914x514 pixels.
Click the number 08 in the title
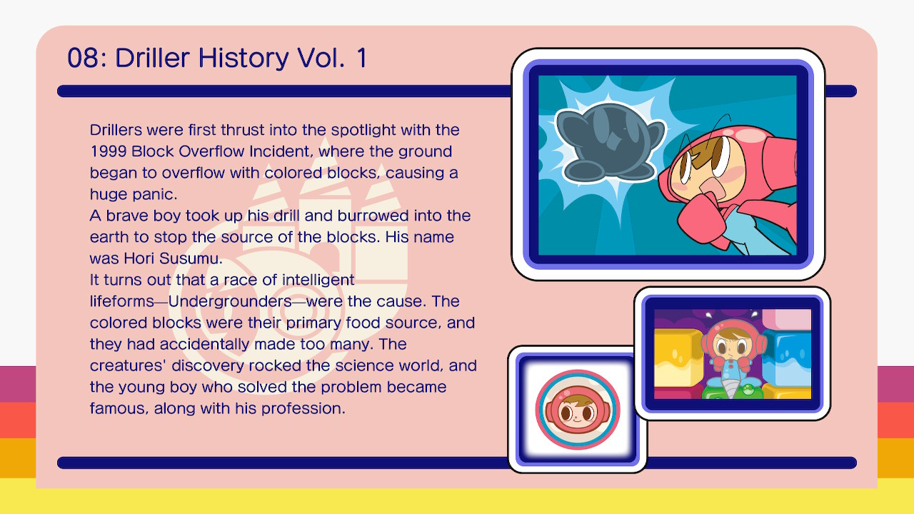coord(84,58)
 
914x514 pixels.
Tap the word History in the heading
coord(243,59)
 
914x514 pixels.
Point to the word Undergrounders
coord(230,301)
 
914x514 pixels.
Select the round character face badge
coord(578,410)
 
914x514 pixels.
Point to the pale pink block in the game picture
coord(787,319)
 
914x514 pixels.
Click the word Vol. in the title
coord(321,58)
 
